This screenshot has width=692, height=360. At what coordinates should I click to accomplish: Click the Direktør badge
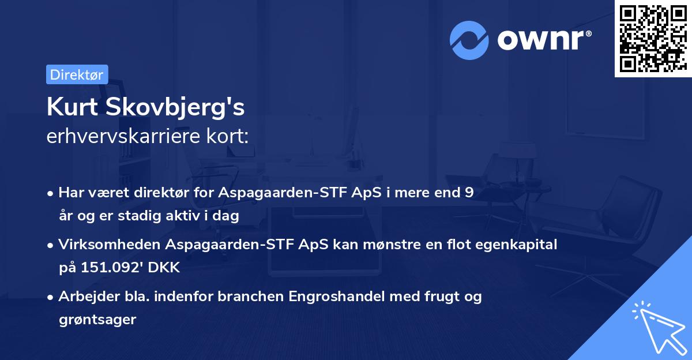coord(77,74)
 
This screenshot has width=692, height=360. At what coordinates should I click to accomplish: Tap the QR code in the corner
coord(652,38)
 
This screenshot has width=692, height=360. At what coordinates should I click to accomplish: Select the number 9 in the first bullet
coord(469,193)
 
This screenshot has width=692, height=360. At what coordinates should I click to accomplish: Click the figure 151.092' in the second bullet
coord(119,268)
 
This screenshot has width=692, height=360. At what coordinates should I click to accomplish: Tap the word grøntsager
coord(97,319)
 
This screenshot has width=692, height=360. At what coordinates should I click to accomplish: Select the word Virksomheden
coord(110,245)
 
